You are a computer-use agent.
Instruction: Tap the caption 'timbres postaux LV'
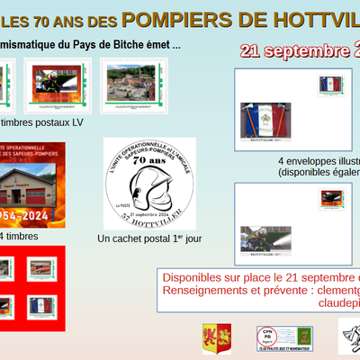pyautogui.click(x=42, y=121)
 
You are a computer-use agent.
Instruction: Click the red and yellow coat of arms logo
pyautogui.click(x=216, y=338)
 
